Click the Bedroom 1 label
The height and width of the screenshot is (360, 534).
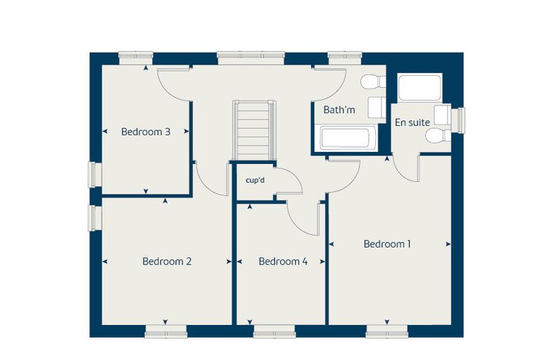387,244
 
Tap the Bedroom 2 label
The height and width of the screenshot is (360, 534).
167,262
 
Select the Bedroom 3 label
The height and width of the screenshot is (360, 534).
145,131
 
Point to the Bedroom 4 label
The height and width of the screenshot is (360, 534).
283,262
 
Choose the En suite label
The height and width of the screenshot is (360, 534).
412,122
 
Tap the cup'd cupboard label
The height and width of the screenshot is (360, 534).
255,180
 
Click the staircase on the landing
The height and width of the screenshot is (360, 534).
254,130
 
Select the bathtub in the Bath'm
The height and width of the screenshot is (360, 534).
345,138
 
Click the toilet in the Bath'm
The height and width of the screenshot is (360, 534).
373,82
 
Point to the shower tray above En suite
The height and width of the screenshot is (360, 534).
419,88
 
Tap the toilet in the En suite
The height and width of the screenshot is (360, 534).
438,135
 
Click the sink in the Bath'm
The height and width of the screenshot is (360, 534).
377,107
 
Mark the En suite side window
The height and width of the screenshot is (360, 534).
458,120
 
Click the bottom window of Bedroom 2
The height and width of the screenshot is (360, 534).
166,331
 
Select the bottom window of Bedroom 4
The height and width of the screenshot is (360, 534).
275,331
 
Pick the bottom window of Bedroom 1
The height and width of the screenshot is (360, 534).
387,331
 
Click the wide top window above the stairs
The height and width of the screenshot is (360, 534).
251,58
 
